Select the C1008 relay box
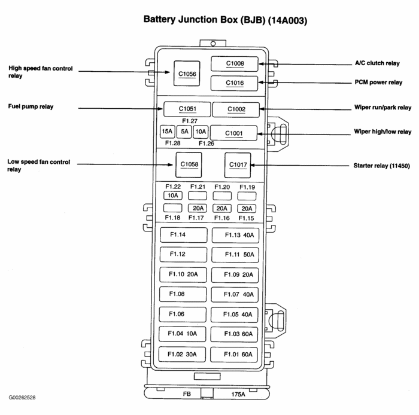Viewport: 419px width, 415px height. (235, 63)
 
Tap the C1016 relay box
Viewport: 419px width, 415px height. (235, 83)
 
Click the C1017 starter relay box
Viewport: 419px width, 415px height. (237, 164)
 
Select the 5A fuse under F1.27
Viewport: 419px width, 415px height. (184, 132)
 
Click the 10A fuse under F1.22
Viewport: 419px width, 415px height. (172, 196)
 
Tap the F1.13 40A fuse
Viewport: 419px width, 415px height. (235, 235)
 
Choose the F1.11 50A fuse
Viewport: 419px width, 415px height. (235, 255)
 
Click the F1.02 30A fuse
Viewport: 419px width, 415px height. (183, 353)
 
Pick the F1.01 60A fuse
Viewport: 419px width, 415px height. (235, 353)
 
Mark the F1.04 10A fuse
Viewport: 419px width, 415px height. (183, 334)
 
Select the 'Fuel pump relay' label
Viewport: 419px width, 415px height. (31, 107)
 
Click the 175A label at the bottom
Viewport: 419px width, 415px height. (238, 395)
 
